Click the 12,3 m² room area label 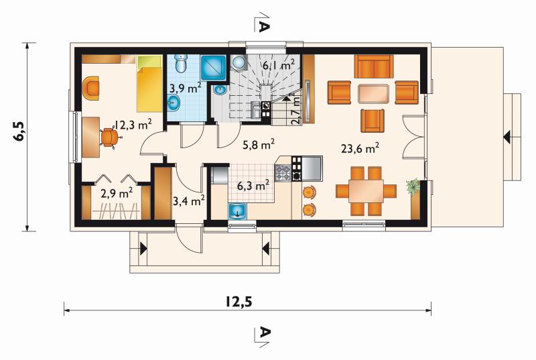133,125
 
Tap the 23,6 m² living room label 360,148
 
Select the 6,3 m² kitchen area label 253,186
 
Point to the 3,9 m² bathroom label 186,88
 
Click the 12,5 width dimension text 239,301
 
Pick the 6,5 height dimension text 19,131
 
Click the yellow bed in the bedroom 149,84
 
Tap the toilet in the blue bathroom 181,63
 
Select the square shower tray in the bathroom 213,68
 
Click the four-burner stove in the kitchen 283,173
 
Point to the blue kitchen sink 238,211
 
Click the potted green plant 413,186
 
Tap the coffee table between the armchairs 373,94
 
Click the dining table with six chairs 366,191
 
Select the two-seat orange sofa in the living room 374,66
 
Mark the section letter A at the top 264,26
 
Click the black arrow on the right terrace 507,137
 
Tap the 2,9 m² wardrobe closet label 117,194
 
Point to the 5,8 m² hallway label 259,145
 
